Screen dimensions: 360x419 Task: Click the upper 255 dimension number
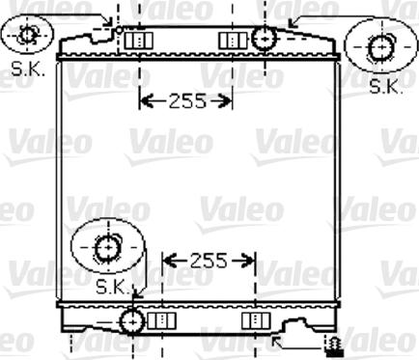pos(186,100)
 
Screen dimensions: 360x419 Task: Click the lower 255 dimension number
pos(208,260)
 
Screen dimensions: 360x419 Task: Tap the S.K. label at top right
pos(386,87)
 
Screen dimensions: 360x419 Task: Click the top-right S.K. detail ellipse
pos(380,47)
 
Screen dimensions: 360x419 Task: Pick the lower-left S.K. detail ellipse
pos(107,248)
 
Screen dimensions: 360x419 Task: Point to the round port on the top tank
pos(263,39)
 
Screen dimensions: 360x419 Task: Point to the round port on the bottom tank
pos(130,319)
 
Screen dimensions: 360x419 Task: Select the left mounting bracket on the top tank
pos(141,40)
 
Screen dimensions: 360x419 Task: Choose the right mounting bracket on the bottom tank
pos(253,319)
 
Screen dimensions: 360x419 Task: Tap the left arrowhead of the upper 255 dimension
pos(145,100)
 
